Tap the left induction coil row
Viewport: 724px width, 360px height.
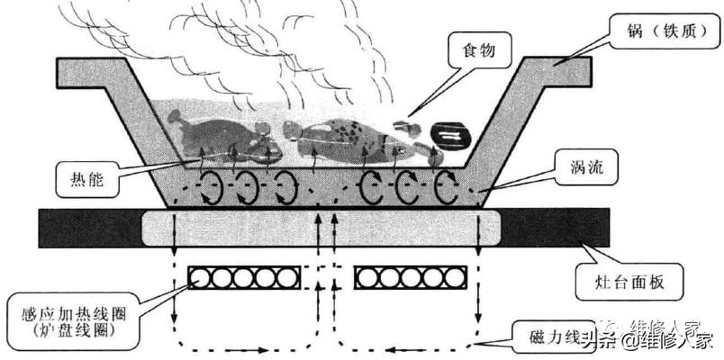point(242,278)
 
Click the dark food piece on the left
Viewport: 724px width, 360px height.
point(216,135)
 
